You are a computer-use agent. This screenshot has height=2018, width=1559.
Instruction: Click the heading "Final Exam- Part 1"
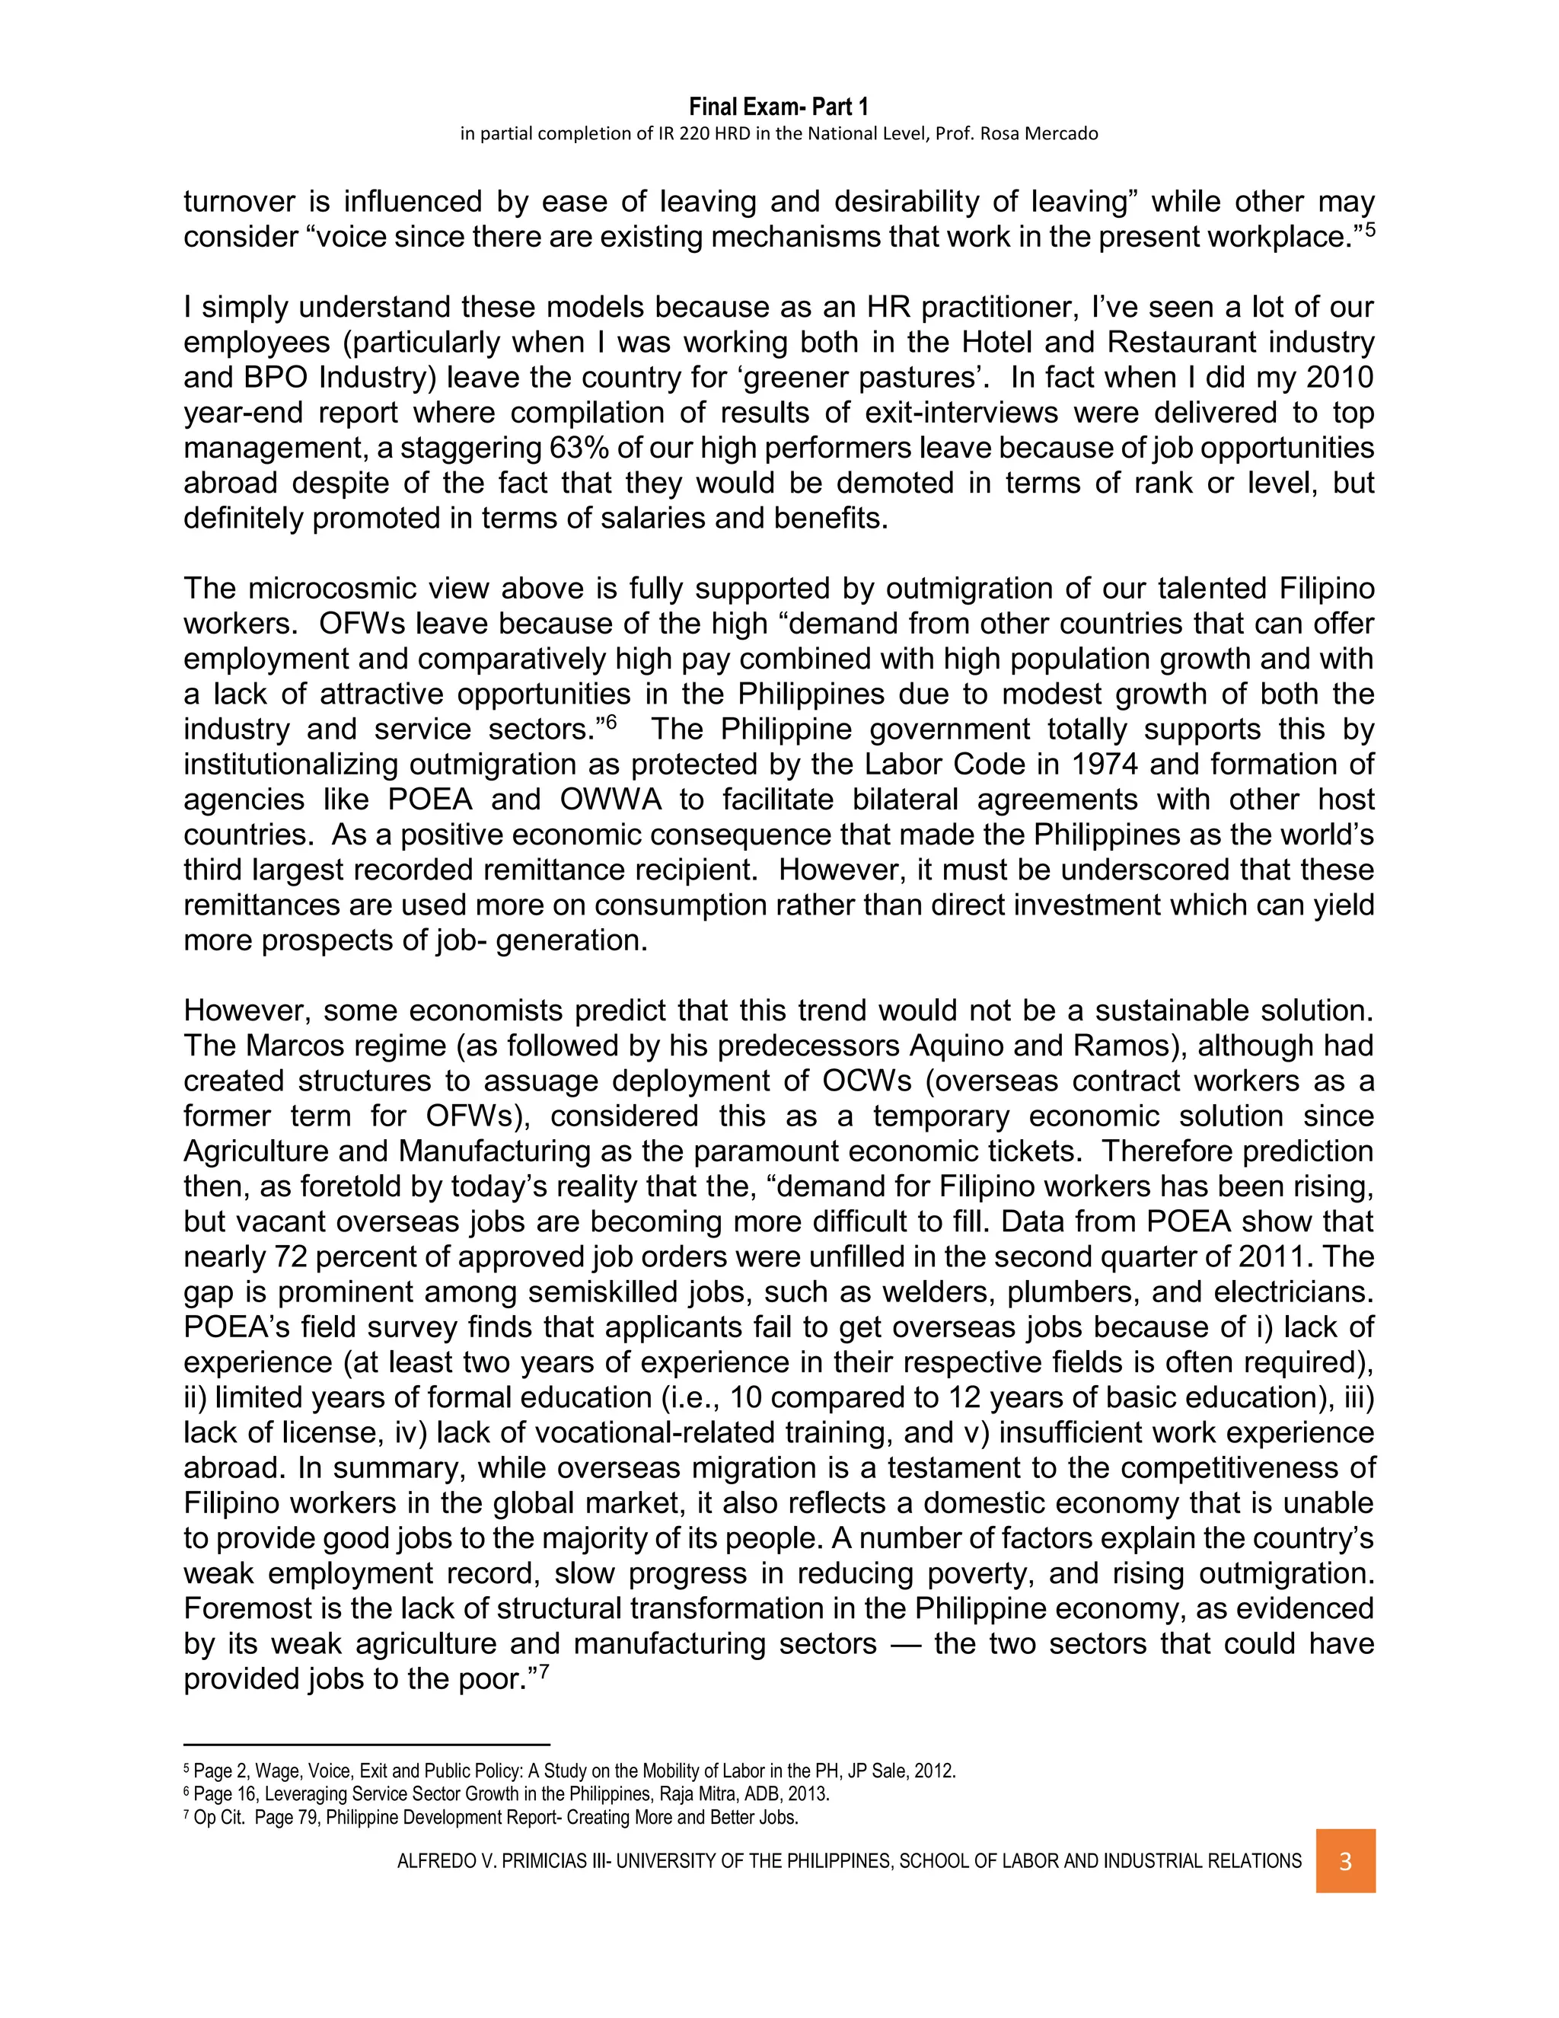tap(779, 107)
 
